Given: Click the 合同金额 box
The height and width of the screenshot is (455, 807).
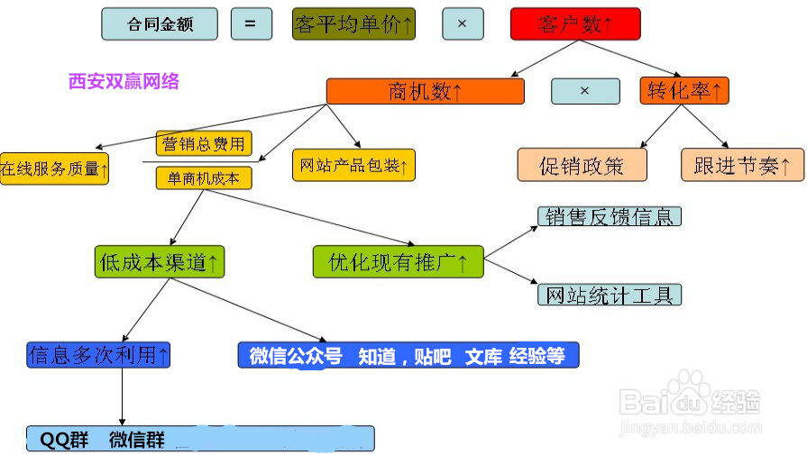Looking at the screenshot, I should pos(160,24).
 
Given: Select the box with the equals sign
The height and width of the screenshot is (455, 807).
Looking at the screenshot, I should pos(251,24).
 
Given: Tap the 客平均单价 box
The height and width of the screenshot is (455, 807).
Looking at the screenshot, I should pos(353,24).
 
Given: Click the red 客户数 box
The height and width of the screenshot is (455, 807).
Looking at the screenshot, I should pos(574,24).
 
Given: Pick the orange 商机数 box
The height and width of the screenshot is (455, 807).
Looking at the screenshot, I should pos(425,91).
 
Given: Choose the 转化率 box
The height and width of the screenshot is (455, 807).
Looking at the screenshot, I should pos(684,91).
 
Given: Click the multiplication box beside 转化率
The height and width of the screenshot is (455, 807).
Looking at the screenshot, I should pos(585,91).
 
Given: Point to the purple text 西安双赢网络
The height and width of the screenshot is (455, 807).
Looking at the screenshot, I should pos(124,82).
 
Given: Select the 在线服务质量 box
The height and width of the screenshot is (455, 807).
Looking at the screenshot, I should pos(54,168).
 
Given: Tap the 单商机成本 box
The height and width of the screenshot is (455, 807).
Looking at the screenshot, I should pos(204,177).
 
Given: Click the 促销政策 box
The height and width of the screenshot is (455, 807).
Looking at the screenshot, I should pos(582,166).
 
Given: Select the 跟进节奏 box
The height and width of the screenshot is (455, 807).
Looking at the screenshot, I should pos(742,166).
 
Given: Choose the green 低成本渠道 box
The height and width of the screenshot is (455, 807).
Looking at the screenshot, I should pos(160,261).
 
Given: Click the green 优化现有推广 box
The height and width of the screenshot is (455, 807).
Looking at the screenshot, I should pos(398,261).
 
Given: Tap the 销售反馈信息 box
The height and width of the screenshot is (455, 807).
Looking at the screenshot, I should pos(610,216).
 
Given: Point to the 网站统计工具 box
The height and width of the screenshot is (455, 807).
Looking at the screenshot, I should pos(610,295).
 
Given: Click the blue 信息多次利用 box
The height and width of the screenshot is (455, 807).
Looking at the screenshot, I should pos(99,355).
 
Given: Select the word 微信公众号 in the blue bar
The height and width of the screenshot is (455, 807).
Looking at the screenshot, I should pos(296,356).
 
